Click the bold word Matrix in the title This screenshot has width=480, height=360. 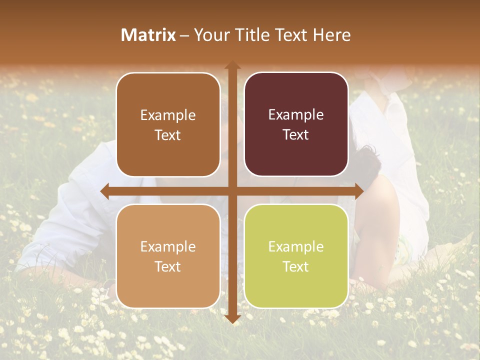(148, 35)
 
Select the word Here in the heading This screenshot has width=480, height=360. (332, 35)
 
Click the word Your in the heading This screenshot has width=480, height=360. (210, 35)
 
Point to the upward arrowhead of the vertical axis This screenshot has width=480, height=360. (232, 65)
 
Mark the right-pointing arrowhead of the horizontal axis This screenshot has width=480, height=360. (359, 191)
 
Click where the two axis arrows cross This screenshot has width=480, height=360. (232, 191)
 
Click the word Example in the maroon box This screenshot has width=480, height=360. (296, 115)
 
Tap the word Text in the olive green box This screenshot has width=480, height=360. (296, 267)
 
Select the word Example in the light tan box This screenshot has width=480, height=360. (168, 247)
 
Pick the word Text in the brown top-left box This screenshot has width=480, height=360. (168, 135)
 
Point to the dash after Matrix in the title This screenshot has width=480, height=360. (184, 35)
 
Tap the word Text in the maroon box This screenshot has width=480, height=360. (296, 135)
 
